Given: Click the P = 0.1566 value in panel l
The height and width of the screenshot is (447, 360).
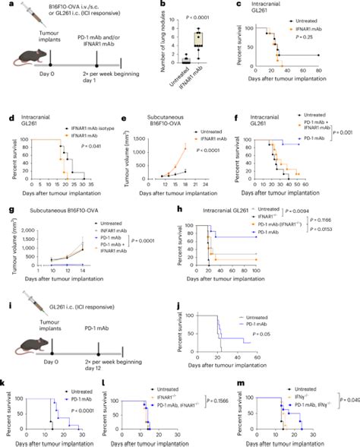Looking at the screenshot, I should (219, 401).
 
